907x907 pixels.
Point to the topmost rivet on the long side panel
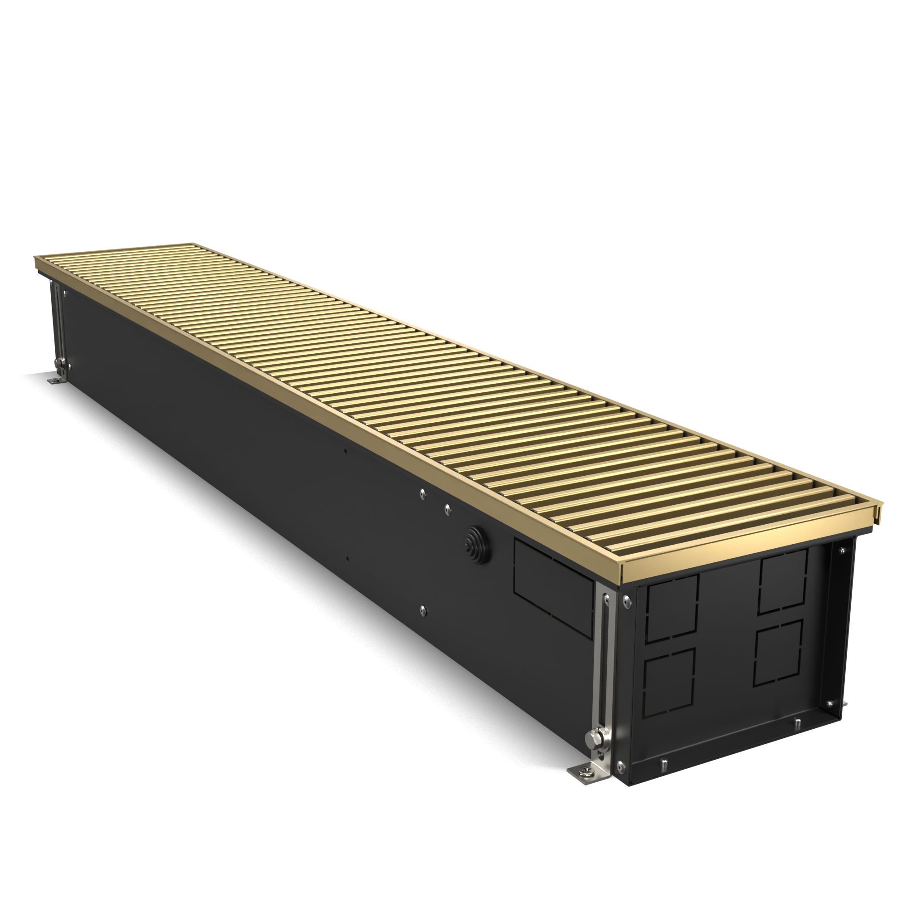pyautogui.click(x=422, y=492)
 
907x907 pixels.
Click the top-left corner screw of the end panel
pyautogui.click(x=626, y=598)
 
